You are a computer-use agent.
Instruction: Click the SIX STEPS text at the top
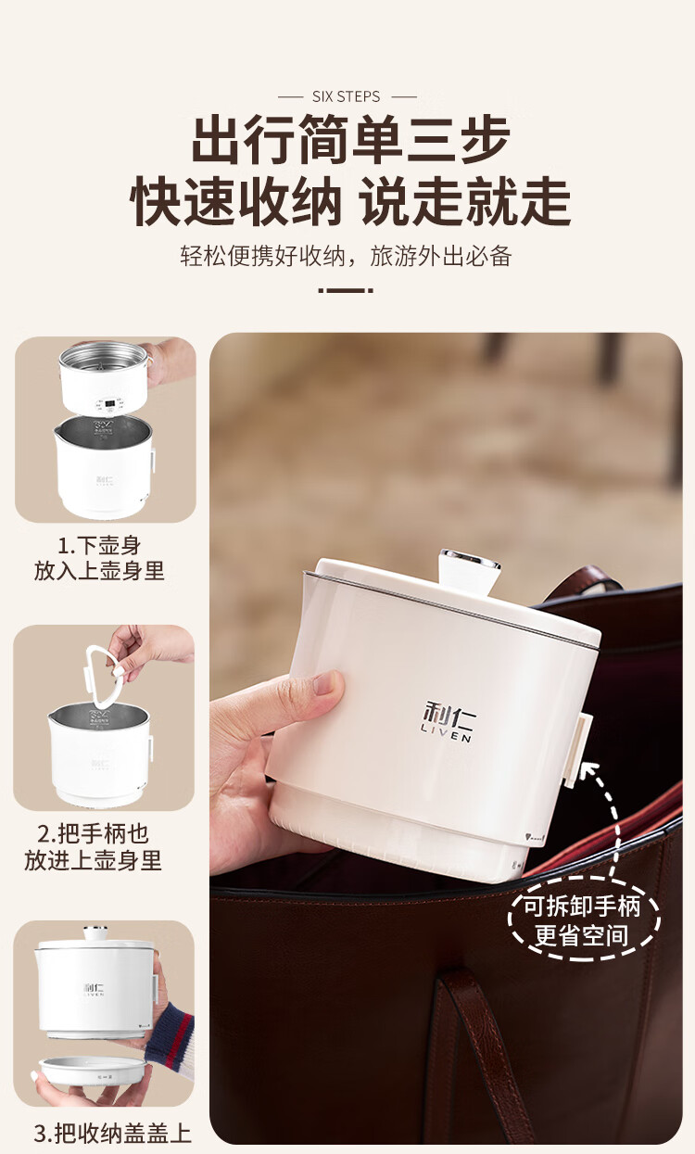[x=347, y=96]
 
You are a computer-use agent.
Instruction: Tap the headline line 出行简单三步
[x=351, y=139]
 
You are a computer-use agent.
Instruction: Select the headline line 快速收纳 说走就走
[x=350, y=200]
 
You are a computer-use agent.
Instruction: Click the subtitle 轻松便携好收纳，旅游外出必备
[x=346, y=256]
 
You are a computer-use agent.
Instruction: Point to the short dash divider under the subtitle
[x=346, y=290]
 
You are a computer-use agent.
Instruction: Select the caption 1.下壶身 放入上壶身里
[x=99, y=558]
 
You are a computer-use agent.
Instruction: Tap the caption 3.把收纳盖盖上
[x=112, y=1133]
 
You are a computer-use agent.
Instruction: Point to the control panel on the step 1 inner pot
[x=109, y=404]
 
